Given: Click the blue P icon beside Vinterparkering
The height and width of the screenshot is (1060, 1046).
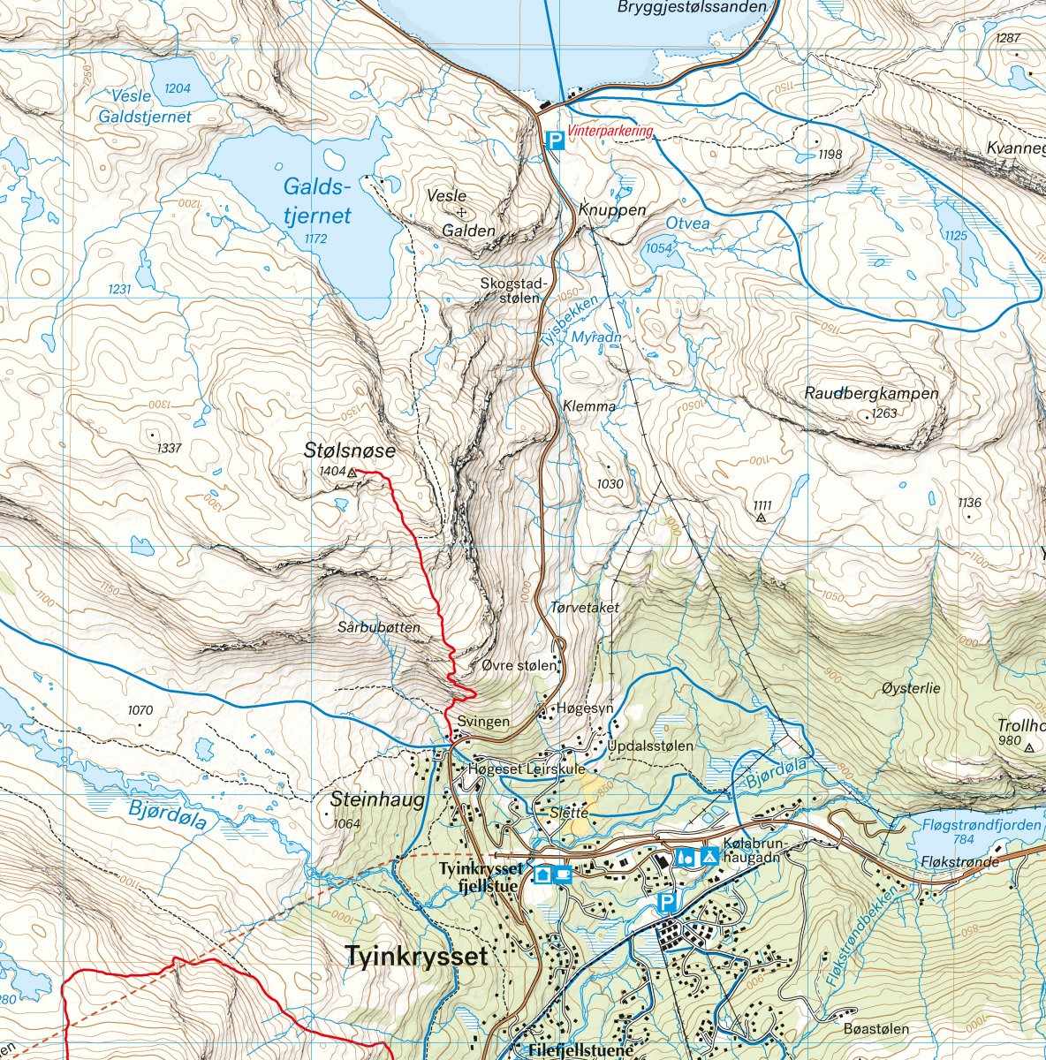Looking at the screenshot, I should [x=553, y=140].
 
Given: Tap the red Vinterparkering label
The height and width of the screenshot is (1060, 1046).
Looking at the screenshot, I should [x=611, y=132].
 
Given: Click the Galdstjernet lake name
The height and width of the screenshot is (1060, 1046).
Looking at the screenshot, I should [x=317, y=201].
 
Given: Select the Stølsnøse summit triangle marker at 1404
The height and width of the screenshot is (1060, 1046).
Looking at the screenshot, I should [x=352, y=473].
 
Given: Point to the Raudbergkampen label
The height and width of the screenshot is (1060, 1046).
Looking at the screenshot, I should [x=871, y=393].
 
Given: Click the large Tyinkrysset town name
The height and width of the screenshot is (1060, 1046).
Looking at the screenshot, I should [x=417, y=957].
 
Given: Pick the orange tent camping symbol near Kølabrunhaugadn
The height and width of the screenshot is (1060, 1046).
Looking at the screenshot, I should [x=709, y=856].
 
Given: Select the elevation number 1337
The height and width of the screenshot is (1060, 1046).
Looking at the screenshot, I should [x=168, y=448].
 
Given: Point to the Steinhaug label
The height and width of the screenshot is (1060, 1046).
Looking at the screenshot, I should [x=377, y=800].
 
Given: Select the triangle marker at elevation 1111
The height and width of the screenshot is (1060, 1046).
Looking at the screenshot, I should [x=761, y=518].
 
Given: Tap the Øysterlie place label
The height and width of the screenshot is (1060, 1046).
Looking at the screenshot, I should [x=911, y=687].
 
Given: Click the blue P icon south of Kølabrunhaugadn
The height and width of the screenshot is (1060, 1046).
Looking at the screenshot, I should [x=668, y=902].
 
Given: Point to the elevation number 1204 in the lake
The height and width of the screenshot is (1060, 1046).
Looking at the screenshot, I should [x=178, y=88].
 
